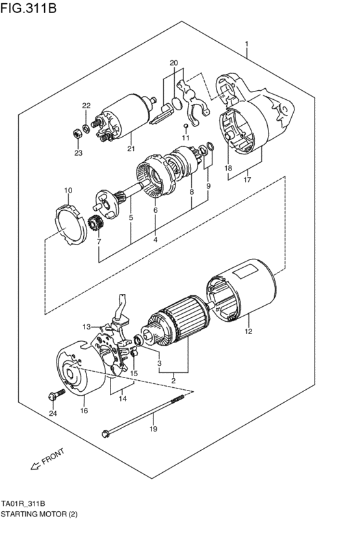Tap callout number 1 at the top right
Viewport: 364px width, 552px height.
(x=247, y=44)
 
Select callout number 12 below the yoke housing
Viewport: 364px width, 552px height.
(x=248, y=332)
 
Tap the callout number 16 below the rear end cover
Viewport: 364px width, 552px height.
(x=84, y=411)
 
